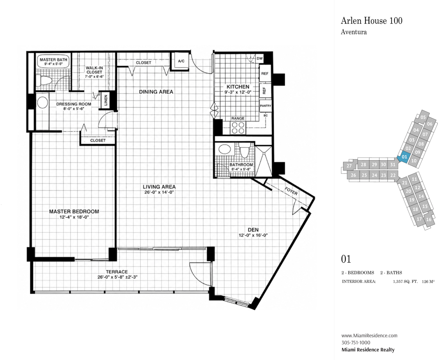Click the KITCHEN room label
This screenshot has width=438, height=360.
click(238, 86)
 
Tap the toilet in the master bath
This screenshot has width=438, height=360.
click(44, 80)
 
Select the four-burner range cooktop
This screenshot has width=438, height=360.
click(238, 128)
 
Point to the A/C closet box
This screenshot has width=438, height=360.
click(181, 61)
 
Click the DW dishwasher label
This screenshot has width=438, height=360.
click(260, 58)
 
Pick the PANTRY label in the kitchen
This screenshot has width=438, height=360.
click(265, 106)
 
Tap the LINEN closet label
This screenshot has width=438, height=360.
click(106, 100)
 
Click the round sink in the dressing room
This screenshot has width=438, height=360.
click(43, 102)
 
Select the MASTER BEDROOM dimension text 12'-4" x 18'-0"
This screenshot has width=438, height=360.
click(74, 217)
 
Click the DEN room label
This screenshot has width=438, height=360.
click(253, 229)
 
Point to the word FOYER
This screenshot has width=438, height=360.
click(291, 191)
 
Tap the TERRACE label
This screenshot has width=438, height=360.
click(117, 272)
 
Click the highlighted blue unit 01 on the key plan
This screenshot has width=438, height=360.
click(404, 157)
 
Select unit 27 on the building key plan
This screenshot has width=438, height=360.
click(349, 166)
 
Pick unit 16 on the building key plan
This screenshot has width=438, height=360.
click(429, 220)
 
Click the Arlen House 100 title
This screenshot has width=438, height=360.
click(372, 21)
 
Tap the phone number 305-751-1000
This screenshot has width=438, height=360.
click(356, 343)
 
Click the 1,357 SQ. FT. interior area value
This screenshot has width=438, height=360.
click(405, 282)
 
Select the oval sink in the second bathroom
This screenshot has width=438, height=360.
click(225, 149)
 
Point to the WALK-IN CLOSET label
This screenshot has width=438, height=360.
click(94, 70)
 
